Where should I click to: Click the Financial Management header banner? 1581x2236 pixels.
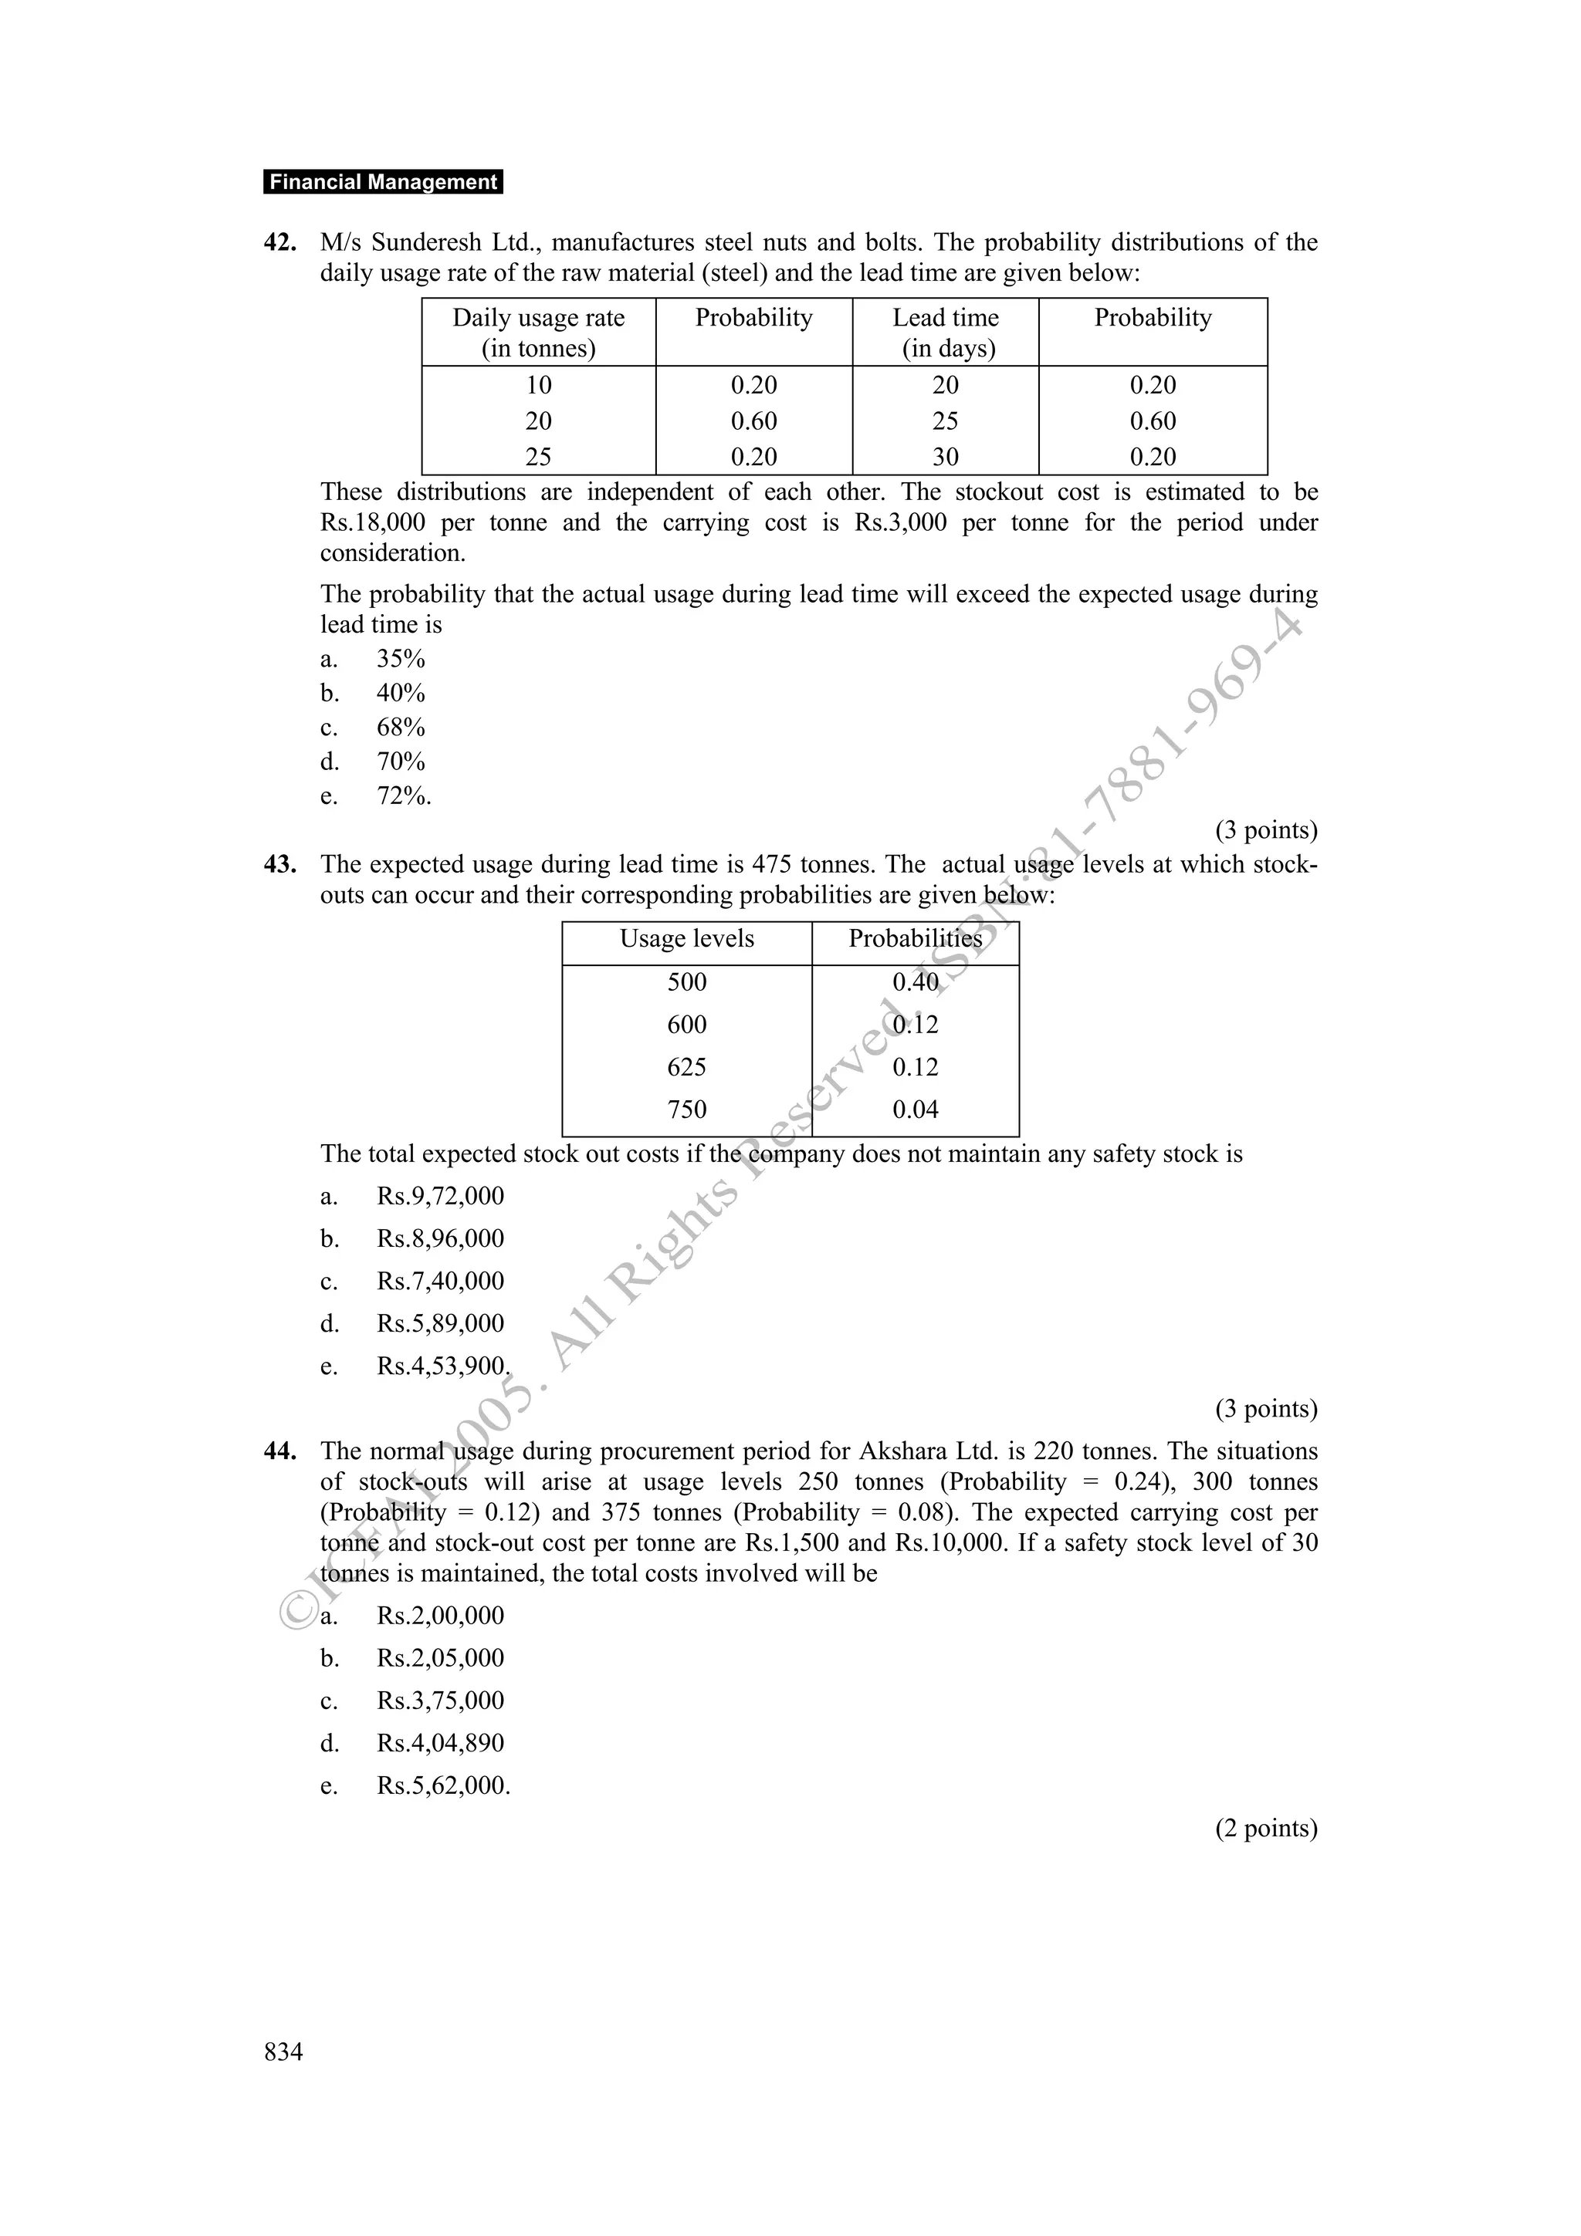point(383,182)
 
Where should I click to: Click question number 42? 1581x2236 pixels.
point(279,242)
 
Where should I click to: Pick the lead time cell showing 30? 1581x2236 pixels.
point(946,457)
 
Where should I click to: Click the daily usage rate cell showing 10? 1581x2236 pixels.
point(539,385)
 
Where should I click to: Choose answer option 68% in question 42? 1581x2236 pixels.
point(401,728)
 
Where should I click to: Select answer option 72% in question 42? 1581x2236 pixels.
point(403,795)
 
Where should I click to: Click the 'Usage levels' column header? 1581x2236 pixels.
point(687,939)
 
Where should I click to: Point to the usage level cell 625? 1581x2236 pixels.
point(687,1067)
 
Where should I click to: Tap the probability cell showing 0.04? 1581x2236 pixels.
point(916,1110)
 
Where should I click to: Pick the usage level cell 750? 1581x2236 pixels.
point(687,1110)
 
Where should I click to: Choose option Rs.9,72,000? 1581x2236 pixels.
point(440,1196)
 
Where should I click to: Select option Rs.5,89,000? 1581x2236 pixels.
point(440,1323)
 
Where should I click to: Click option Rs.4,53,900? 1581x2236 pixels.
point(443,1366)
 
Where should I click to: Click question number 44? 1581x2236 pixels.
point(279,1451)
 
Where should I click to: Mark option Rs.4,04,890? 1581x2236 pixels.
point(440,1743)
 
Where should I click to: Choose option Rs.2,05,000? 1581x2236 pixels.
point(440,1659)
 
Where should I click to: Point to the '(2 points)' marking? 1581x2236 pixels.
point(1265,1828)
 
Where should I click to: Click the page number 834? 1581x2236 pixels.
point(283,2052)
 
